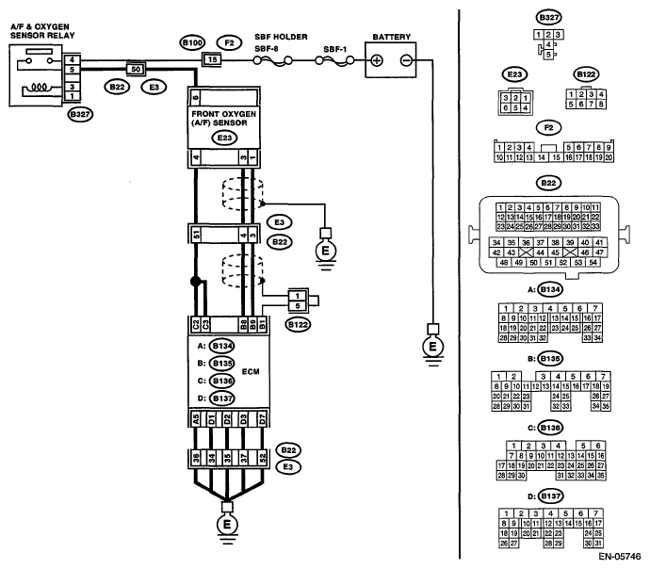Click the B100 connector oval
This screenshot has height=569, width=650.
[192, 42]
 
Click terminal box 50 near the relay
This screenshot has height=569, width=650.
[135, 69]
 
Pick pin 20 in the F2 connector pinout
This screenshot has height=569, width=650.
[609, 157]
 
